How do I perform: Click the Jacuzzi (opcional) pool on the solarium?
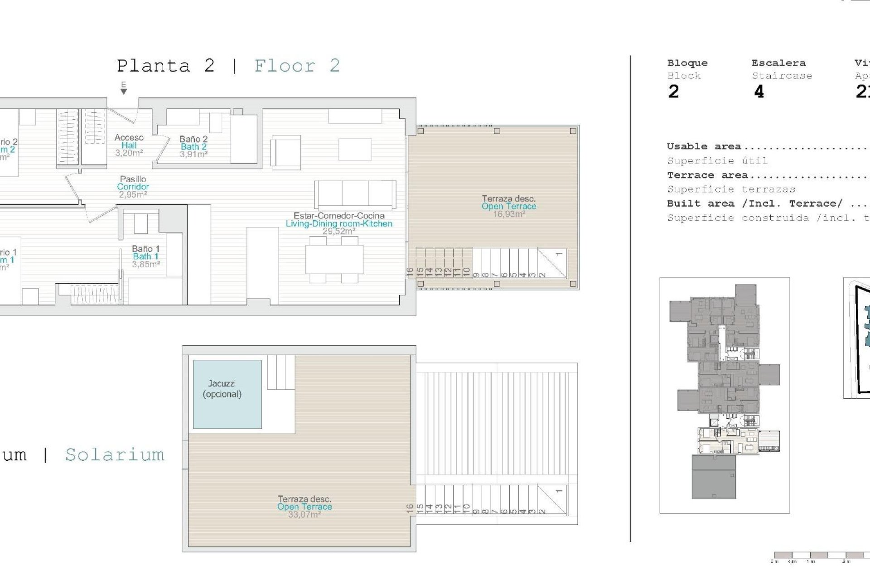pyautogui.click(x=227, y=394)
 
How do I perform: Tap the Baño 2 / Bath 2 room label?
pyautogui.click(x=193, y=146)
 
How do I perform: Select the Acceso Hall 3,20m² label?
pyautogui.click(x=129, y=145)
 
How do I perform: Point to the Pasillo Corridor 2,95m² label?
pyautogui.click(x=133, y=187)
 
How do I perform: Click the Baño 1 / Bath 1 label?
pyautogui.click(x=145, y=256)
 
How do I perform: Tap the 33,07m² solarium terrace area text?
pyautogui.click(x=304, y=514)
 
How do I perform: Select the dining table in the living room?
pyautogui.click(x=334, y=259)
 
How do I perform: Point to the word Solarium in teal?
pyautogui.click(x=115, y=454)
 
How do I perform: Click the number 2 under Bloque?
pyautogui.click(x=673, y=92)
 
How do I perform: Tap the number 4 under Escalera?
pyautogui.click(x=759, y=92)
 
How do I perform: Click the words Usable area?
pyautogui.click(x=704, y=146)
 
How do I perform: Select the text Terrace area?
pyautogui.click(x=707, y=175)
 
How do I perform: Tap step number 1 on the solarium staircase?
pyautogui.click(x=559, y=491)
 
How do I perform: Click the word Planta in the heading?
pyautogui.click(x=153, y=66)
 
